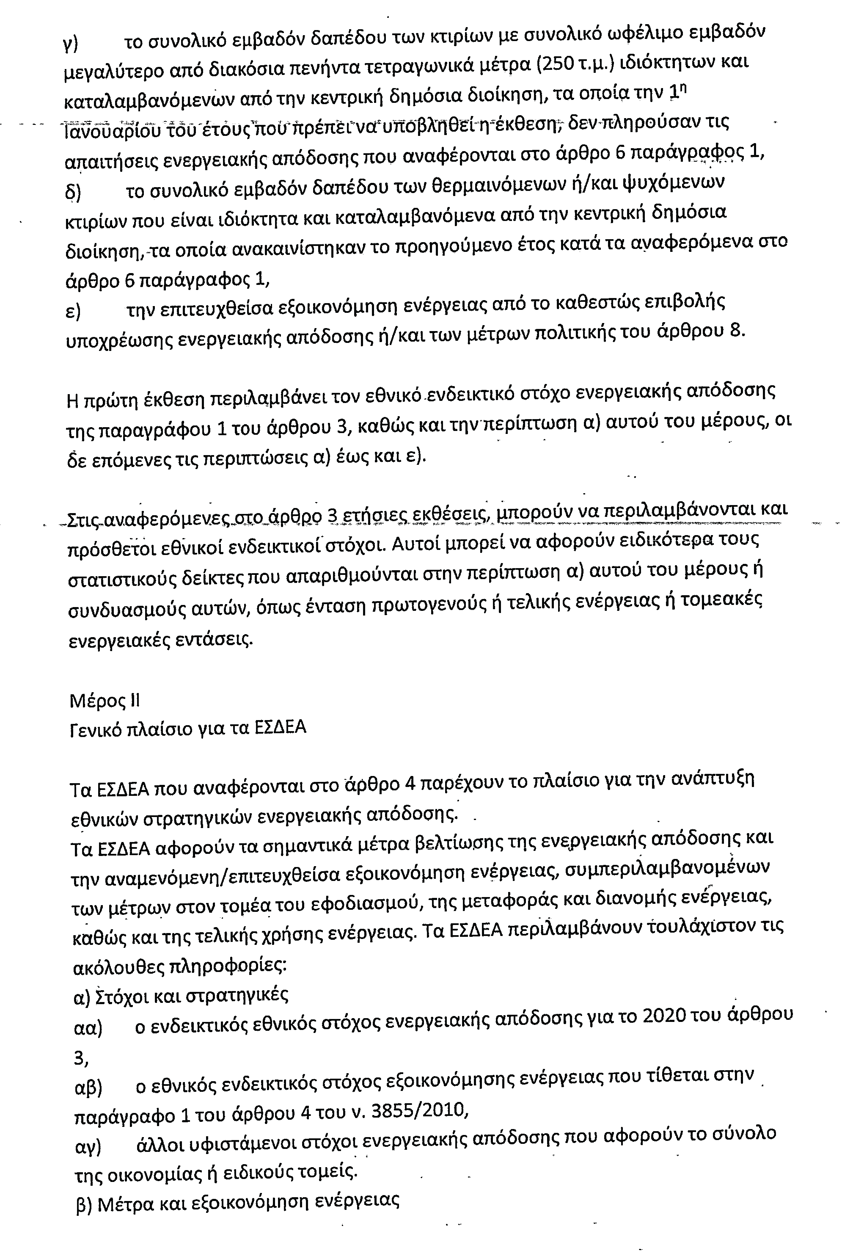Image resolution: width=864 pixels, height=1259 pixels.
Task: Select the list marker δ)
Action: [72, 192]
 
